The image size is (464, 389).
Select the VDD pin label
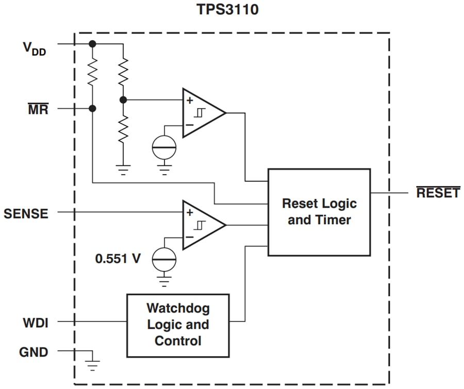(36, 48)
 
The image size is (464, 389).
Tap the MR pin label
(38, 109)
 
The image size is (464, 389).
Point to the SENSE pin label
(26, 213)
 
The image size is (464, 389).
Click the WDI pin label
(36, 323)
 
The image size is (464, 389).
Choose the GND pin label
(34, 352)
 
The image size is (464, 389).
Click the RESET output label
(438, 193)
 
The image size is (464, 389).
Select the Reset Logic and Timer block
(319, 212)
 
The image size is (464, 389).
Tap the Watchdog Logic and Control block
(178, 325)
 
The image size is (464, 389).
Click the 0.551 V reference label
(118, 259)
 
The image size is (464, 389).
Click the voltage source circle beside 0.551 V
(164, 259)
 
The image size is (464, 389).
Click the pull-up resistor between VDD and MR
(93, 73)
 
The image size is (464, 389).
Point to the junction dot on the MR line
(93, 109)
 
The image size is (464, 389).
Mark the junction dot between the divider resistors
(123, 100)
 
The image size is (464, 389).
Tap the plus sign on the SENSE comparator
(190, 212)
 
